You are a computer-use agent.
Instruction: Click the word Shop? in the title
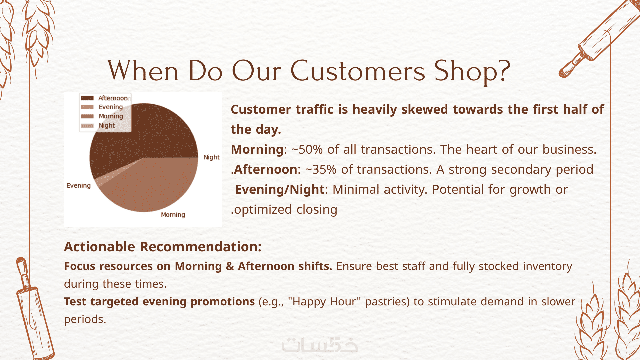point(472,71)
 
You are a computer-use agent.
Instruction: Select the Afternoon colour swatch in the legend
point(87,98)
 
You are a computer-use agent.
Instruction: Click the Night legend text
point(107,126)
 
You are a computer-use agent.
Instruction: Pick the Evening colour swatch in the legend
point(87,107)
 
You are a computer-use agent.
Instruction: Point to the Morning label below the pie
point(173,215)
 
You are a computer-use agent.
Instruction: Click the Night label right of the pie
point(212,157)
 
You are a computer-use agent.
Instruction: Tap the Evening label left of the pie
point(79,186)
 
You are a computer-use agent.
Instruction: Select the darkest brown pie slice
point(140,133)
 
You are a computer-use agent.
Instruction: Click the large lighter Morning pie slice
point(150,183)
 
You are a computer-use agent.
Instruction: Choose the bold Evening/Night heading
point(280,190)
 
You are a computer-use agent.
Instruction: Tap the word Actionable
point(100,247)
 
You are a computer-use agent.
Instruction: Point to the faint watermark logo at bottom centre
point(320,345)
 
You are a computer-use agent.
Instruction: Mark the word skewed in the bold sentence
point(425,110)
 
